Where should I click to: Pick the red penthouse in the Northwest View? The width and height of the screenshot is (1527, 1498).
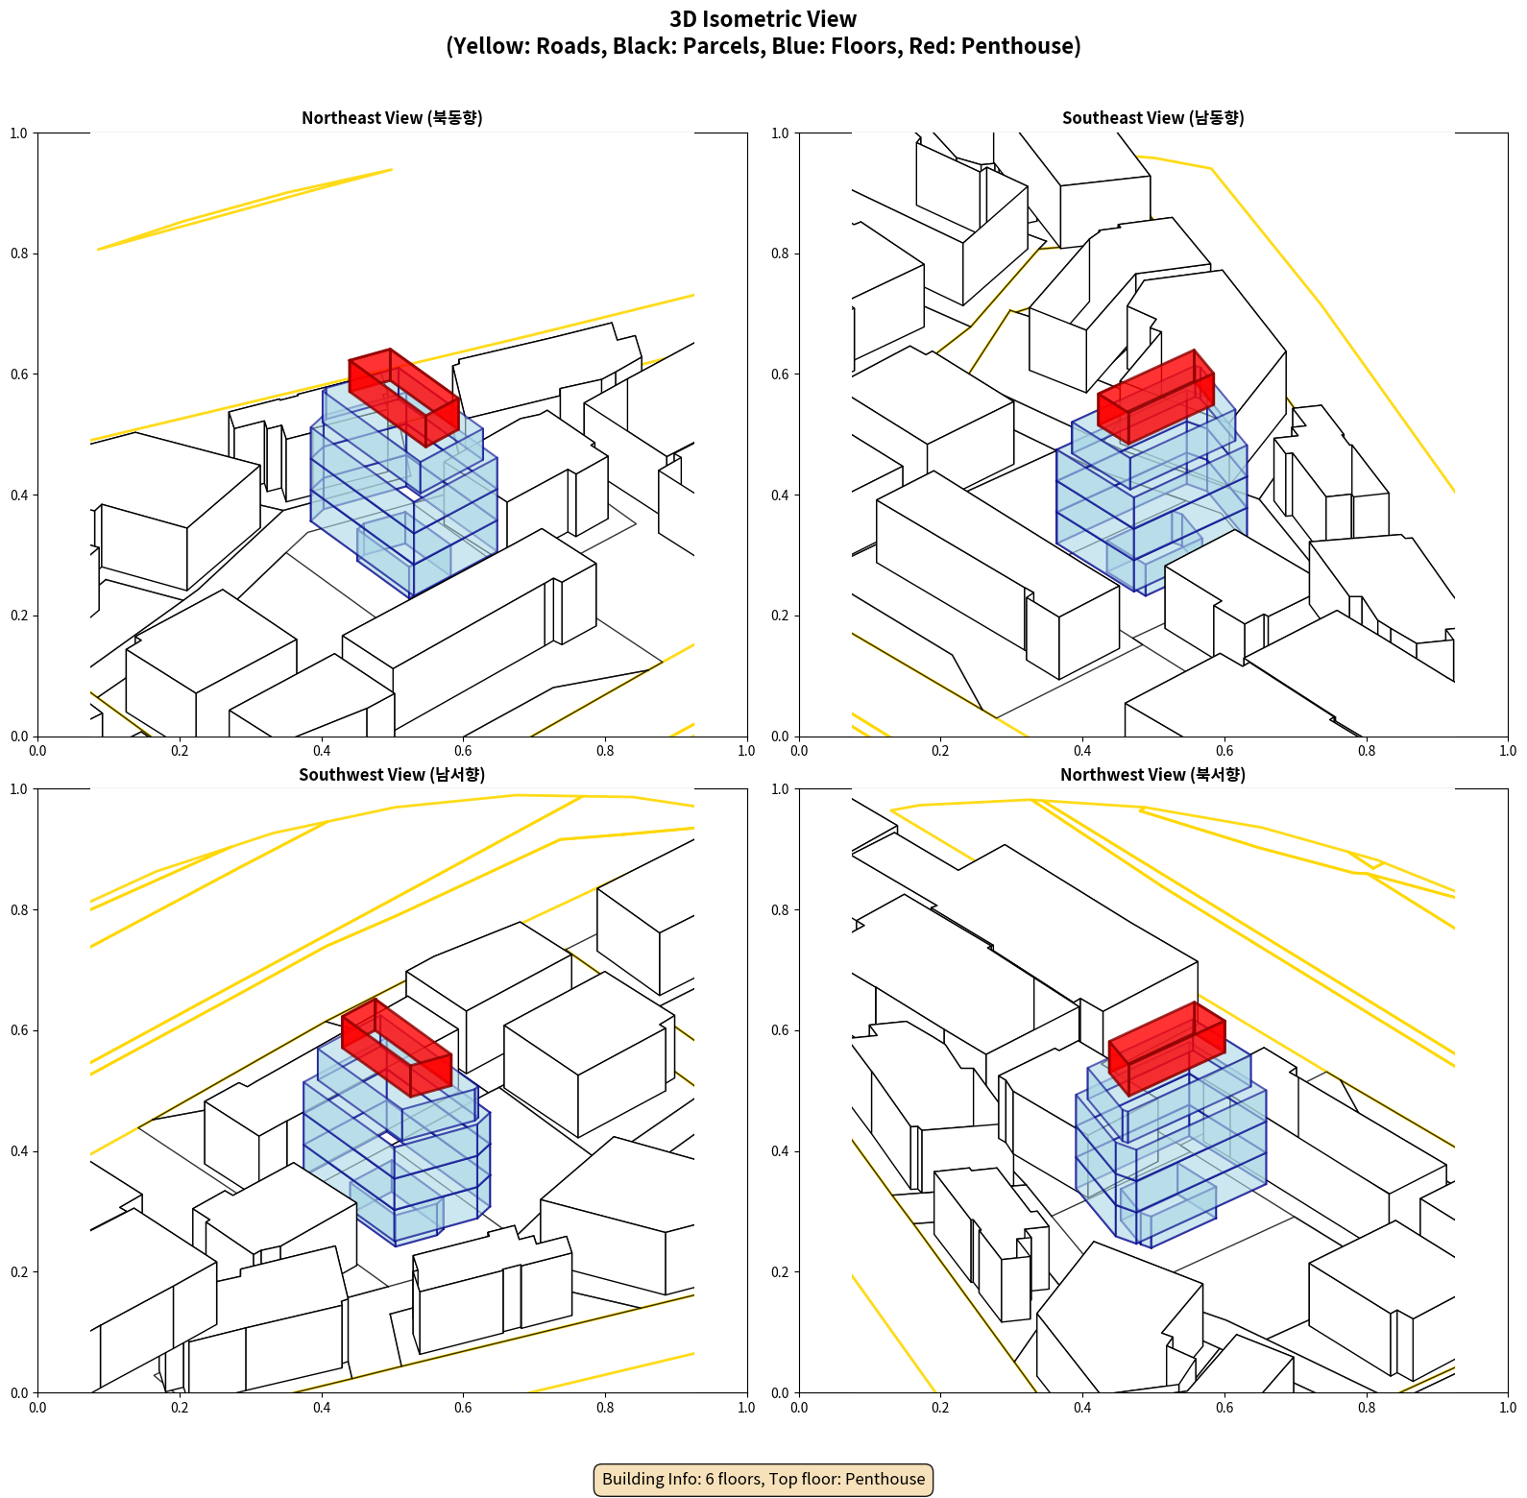[1167, 1047]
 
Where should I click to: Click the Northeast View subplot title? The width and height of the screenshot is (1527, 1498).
[392, 118]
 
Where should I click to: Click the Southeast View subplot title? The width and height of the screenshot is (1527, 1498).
[1152, 118]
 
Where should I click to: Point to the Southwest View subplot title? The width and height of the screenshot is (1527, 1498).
[392, 775]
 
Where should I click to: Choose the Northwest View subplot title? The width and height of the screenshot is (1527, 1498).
[1152, 775]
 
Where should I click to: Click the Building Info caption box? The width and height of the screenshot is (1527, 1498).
[763, 1479]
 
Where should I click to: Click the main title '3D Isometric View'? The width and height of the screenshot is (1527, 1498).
[763, 19]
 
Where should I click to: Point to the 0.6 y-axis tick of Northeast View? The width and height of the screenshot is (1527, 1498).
[19, 374]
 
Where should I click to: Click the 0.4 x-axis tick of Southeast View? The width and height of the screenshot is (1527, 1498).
[1082, 751]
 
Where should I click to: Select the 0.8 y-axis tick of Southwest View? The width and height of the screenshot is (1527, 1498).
[19, 910]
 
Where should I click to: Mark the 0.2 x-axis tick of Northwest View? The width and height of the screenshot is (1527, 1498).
[940, 1408]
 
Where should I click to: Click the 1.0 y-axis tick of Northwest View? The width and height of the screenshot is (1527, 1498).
[780, 789]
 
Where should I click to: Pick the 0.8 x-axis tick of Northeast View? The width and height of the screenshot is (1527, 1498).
[605, 751]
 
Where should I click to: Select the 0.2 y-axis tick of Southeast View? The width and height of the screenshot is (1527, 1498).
[780, 616]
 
